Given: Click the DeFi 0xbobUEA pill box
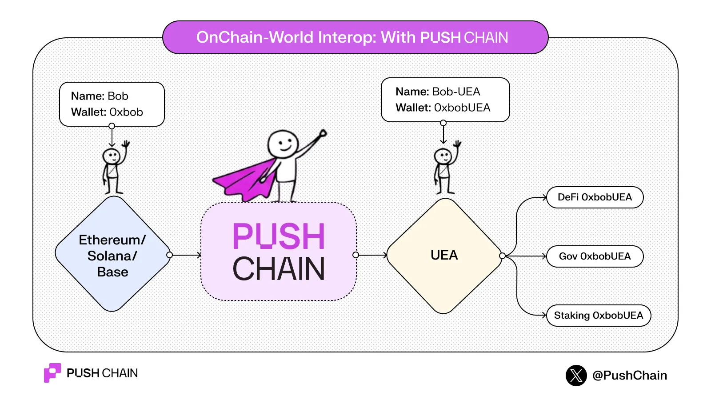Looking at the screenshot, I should coord(595,197).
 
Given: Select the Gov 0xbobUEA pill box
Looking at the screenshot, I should coord(595,256).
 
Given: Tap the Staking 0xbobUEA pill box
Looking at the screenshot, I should coord(598,316).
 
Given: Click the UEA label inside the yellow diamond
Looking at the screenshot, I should coord(444,255).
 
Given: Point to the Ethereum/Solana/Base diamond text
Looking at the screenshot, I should coord(112,256).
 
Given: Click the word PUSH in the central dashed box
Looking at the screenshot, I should coord(279,236).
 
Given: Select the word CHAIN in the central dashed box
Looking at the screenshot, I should coord(279,269).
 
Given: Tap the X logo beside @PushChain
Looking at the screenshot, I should coord(576,376).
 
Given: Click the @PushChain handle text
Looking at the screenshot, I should coord(630,376).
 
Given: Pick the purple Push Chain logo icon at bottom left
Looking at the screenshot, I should coord(52,372).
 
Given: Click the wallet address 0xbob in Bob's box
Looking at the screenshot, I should coord(126,112).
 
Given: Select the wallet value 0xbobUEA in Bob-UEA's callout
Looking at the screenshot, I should coord(462,108).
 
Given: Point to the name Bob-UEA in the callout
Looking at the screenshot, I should coord(456,92).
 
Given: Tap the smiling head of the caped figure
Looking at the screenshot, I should coord(283,143).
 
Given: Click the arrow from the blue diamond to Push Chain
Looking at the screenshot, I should coord(186,255).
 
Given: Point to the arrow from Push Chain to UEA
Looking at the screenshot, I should coord(371,255).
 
